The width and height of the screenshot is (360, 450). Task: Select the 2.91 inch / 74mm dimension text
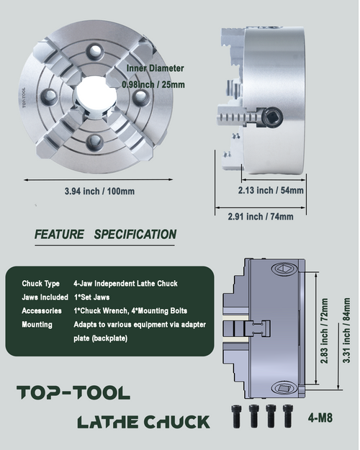point(261,216)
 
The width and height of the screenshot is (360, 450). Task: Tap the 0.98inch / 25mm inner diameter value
point(153,84)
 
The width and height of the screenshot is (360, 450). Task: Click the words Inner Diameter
point(155,68)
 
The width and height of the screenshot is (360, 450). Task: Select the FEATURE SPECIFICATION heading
point(105,234)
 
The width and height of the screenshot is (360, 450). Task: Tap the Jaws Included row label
point(45,297)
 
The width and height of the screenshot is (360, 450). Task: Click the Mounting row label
point(37,325)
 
